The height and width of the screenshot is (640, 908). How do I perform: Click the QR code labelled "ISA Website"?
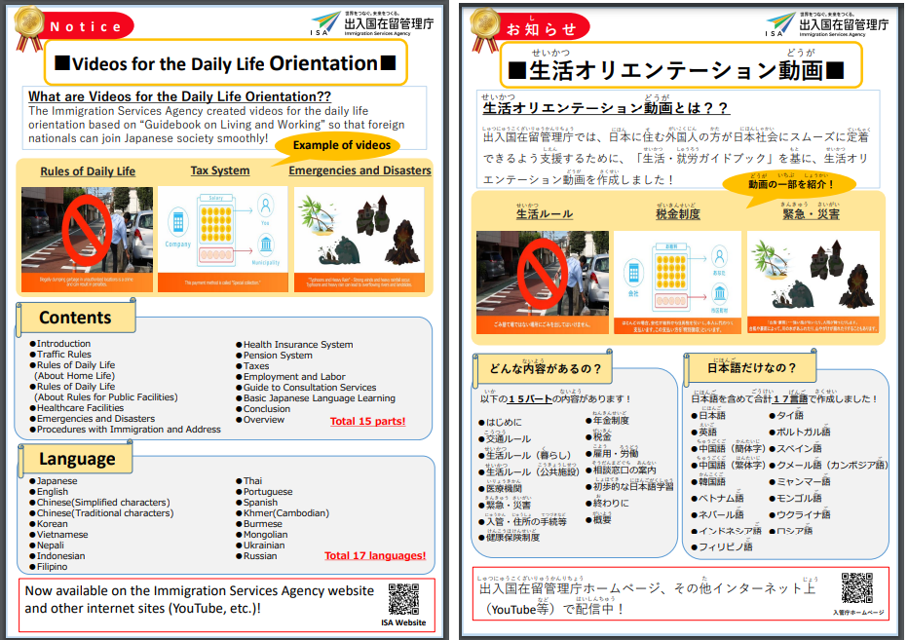point(402,598)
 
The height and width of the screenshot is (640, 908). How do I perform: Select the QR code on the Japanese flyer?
point(857,588)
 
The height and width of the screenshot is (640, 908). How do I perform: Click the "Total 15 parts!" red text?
point(367,422)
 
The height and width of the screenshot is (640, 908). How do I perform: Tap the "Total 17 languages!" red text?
point(375,555)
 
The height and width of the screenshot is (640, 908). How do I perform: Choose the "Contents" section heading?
point(75,318)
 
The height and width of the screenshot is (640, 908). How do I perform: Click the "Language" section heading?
point(77,459)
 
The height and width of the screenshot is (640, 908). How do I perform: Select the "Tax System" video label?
point(219,171)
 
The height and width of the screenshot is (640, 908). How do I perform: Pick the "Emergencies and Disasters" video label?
point(359,170)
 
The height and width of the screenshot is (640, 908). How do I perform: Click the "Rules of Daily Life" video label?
point(88,172)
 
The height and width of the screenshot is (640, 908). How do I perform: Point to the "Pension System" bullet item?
point(278,356)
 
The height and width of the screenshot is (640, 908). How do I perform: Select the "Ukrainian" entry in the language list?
point(268,546)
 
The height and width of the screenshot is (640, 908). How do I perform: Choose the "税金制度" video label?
point(677,214)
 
